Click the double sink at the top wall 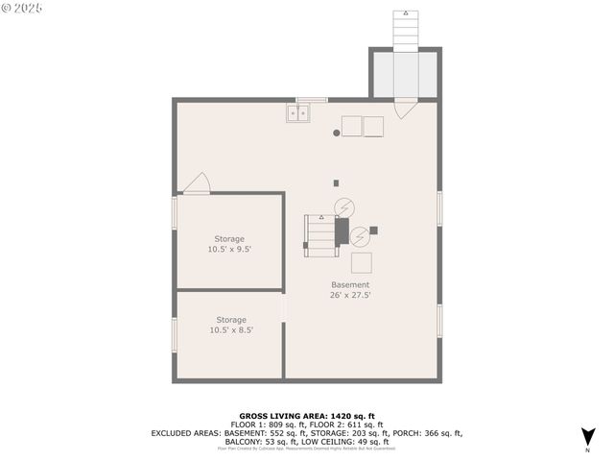tap(297, 113)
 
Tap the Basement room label tap(350, 284)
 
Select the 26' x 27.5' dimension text tap(350, 295)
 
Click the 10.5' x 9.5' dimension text tap(229, 249)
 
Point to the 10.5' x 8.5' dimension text tap(230, 330)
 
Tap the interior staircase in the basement tap(320, 235)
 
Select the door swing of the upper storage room tap(199, 183)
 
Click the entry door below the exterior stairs tap(404, 108)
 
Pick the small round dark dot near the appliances tap(337, 133)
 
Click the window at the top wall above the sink tap(312, 99)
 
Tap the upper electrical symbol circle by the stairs tap(342, 206)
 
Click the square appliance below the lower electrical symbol tap(361, 262)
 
